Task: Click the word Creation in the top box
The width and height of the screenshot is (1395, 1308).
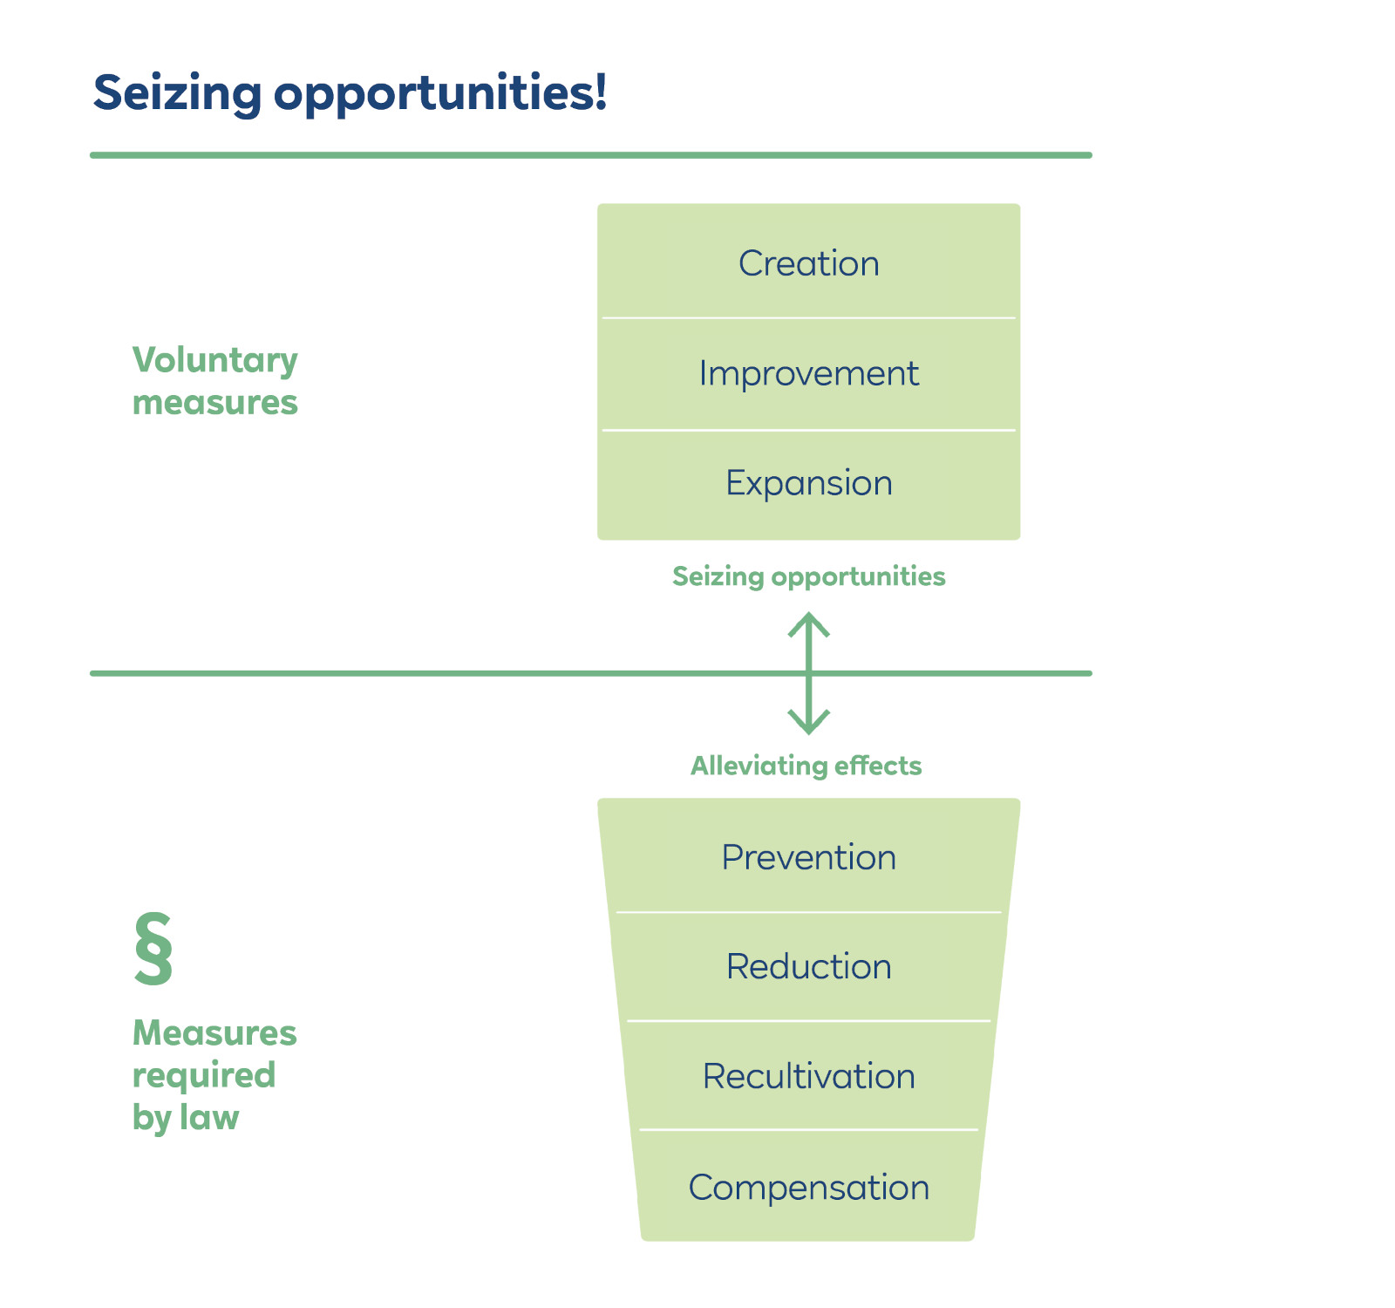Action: pos(808,263)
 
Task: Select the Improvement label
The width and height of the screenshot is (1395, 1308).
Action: pos(808,374)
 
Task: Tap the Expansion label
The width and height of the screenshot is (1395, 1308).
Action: pos(808,483)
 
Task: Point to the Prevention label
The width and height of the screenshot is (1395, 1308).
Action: pos(808,857)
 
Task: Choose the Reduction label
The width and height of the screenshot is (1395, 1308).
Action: pos(808,967)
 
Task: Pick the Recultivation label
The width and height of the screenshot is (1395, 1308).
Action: pos(808,1077)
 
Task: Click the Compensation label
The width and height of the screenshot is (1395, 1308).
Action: pos(808,1188)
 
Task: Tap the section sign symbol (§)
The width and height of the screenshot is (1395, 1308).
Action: pos(153,950)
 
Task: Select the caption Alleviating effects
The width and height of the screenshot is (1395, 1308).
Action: pos(806,766)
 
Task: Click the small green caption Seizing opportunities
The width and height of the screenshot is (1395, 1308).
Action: pos(808,576)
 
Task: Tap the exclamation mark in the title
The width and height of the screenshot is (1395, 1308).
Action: pos(599,92)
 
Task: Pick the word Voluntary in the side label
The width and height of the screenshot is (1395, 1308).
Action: pos(214,361)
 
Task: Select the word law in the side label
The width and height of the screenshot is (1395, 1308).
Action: pos(209,1117)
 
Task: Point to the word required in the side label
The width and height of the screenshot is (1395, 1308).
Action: pos(203,1076)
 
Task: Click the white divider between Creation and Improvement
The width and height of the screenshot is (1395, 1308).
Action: pos(808,318)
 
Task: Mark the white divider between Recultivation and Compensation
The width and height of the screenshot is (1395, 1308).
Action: pos(808,1130)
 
